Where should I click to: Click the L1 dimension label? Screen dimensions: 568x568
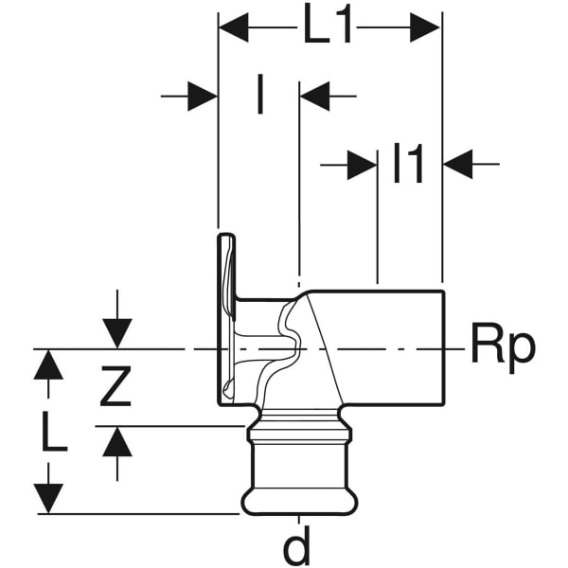pos(328,28)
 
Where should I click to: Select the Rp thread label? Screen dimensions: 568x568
pos(503,348)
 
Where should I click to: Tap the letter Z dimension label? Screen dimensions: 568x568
pos(115,387)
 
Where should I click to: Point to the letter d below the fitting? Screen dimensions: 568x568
pos(299,547)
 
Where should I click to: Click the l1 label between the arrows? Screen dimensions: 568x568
pos(409,166)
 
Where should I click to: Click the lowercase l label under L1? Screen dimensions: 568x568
pos(259,96)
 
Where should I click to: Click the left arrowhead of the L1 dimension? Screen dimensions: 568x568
pos(233,28)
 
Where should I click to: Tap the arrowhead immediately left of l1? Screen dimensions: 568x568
pos(363,166)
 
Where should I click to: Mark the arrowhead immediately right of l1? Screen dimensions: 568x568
pos(458,166)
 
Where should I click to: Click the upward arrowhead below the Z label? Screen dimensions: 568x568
pos(117,441)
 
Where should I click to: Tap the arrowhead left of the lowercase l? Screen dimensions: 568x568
pos(203,96)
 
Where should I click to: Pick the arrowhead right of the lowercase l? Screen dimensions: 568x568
pos(314,96)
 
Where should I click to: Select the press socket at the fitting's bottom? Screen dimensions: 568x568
pos(298,473)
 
